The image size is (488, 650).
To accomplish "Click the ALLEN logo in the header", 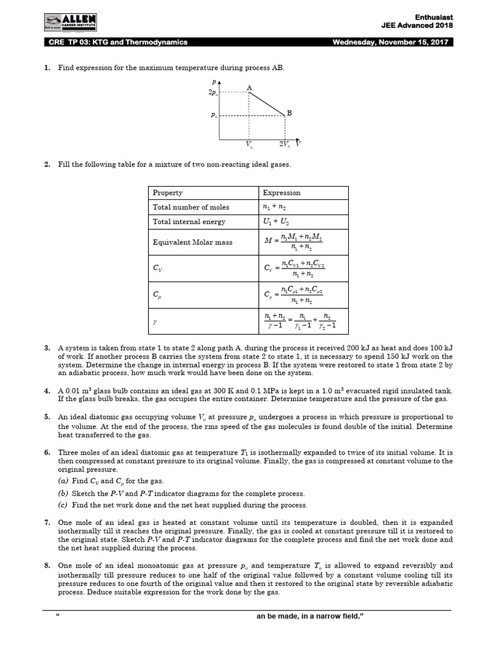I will (71, 23).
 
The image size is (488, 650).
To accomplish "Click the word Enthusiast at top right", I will (433, 15).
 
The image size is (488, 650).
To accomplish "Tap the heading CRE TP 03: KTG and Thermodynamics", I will (118, 43).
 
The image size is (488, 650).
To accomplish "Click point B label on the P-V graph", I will (289, 113).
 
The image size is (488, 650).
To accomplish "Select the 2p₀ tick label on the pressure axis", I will (212, 93).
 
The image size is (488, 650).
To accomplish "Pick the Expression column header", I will (282, 193).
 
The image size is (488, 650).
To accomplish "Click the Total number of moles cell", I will (191, 207).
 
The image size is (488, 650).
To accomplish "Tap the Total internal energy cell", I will (189, 222).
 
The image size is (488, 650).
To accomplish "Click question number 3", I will (47, 348).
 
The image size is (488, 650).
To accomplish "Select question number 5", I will (47, 417).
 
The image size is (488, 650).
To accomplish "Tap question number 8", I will (47, 566).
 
